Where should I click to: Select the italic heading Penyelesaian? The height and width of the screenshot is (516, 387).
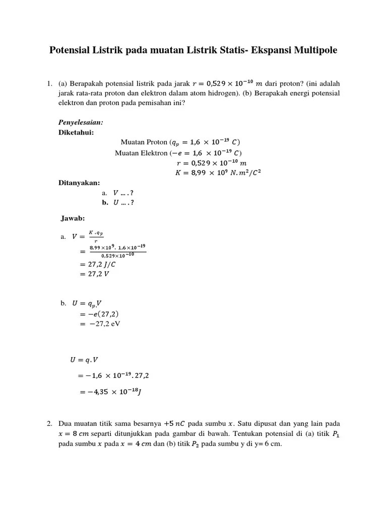(x=81, y=122)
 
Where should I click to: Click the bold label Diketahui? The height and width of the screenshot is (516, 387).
(x=77, y=133)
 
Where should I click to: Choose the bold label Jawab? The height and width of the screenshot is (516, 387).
(x=73, y=218)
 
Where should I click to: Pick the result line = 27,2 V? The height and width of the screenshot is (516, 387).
(x=98, y=274)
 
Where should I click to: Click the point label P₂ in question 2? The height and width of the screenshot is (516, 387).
(x=194, y=444)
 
